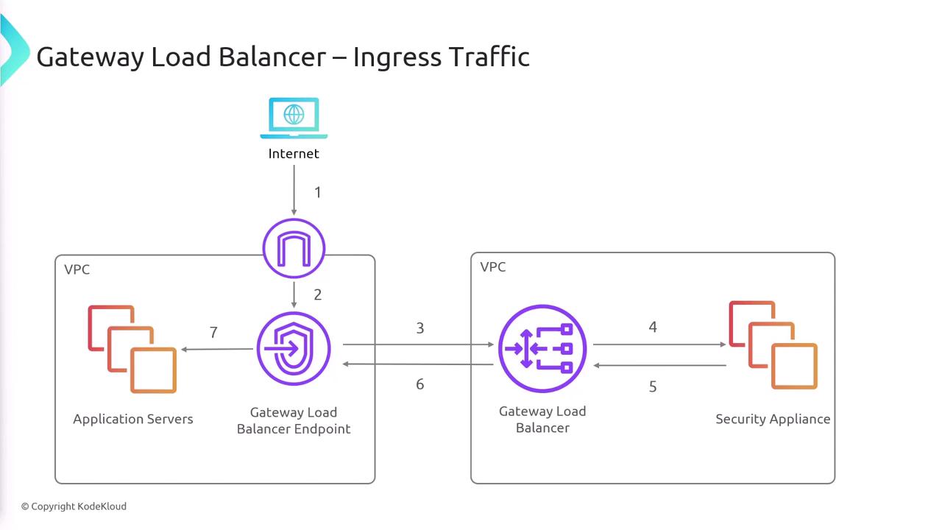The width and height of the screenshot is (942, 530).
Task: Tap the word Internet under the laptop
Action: [x=294, y=154]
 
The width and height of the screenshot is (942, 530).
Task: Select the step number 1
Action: [x=318, y=193]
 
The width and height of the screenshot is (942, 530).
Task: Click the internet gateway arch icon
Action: [x=294, y=249]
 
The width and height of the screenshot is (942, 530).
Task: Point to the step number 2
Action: [x=318, y=294]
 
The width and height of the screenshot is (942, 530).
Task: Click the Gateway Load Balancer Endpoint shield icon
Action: [x=294, y=349]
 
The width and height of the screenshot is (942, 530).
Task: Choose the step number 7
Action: [x=213, y=333]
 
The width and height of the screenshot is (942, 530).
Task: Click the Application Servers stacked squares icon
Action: [x=132, y=350]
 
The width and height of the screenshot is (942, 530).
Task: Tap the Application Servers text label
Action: [x=133, y=419]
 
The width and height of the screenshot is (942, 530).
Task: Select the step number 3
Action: [x=420, y=328]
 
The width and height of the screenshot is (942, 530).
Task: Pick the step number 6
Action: [x=420, y=384]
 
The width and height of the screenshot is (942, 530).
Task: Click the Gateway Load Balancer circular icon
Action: [x=542, y=349]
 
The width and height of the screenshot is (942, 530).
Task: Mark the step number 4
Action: [x=653, y=327]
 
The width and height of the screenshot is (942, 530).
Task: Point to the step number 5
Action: [x=653, y=386]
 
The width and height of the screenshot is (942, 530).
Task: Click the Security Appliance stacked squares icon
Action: [x=773, y=344]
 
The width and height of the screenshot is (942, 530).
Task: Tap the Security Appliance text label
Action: [x=773, y=419]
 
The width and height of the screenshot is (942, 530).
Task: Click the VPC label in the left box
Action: [x=77, y=269]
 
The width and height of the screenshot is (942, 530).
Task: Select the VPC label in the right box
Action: [x=493, y=266]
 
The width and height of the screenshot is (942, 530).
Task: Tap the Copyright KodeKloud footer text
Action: [x=74, y=506]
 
